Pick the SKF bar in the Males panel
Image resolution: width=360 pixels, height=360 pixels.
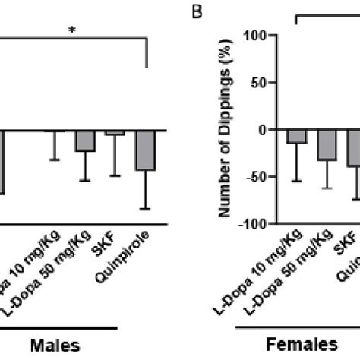[115, 133]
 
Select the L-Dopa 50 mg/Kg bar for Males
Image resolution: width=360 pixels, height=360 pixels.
[85, 141]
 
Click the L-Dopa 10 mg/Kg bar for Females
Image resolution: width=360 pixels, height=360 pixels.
[296, 137]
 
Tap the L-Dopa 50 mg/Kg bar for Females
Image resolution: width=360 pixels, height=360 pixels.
[327, 145]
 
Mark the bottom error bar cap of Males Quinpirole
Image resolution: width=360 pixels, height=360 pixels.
[145, 208]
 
